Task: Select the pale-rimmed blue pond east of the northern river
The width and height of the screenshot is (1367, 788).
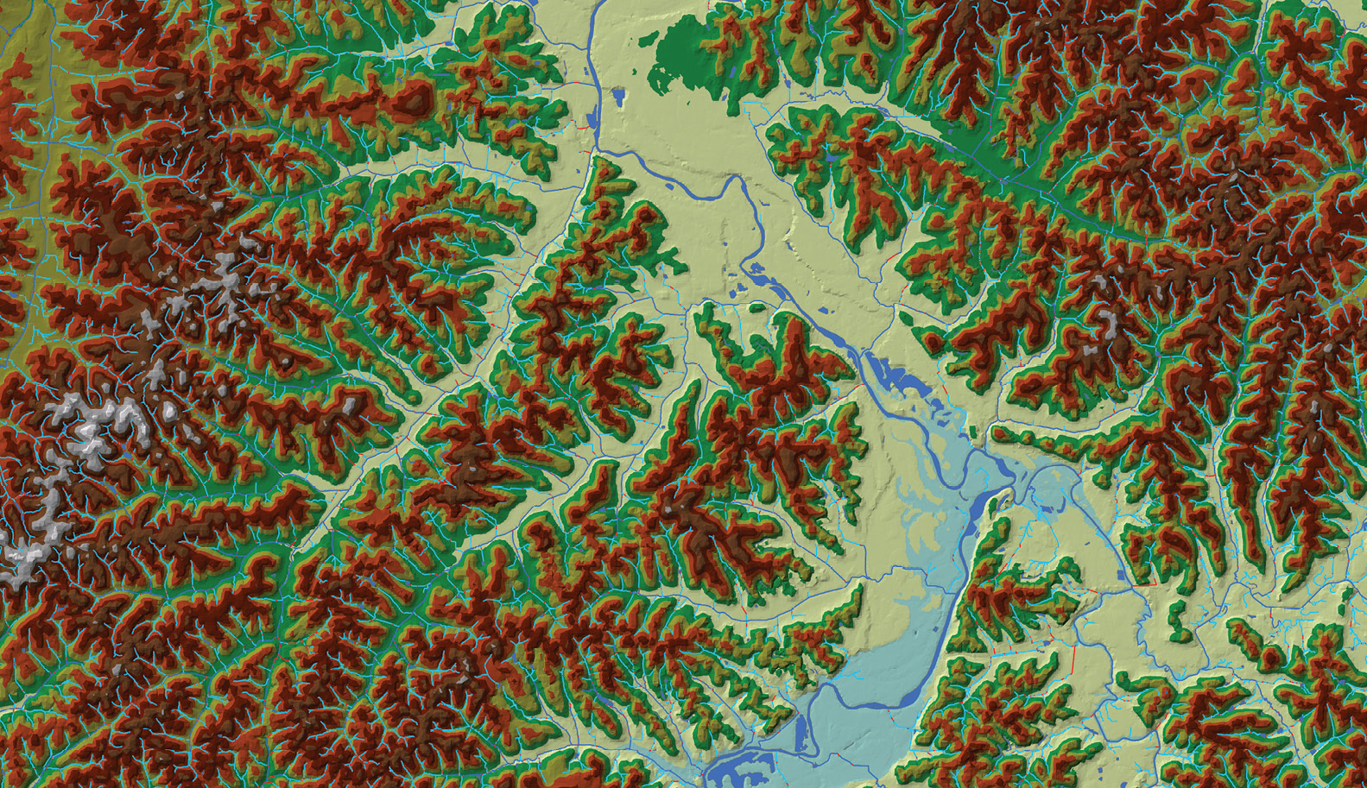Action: (x=619, y=96)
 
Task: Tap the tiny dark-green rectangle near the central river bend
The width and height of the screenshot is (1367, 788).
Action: (x=973, y=432)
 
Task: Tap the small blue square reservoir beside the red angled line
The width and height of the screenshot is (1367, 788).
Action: (x=1123, y=573)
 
